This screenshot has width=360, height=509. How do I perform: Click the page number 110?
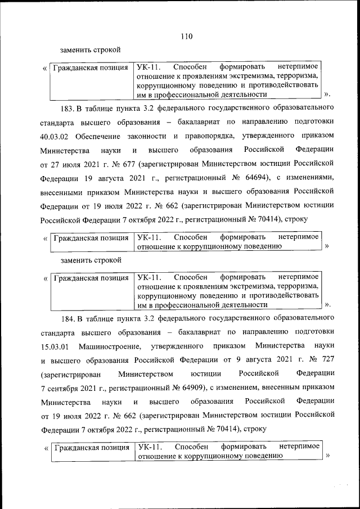(x=187, y=37)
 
